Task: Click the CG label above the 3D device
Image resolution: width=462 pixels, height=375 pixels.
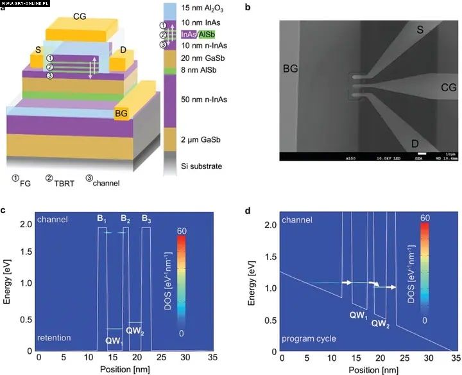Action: click(x=81, y=15)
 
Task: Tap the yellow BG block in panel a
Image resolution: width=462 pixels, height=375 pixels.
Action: click(x=122, y=114)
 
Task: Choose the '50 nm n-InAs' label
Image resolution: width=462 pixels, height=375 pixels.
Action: click(x=203, y=100)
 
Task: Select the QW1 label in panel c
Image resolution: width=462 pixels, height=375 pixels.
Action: click(x=114, y=341)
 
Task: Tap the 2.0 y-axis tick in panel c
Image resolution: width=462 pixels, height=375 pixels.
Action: click(x=26, y=223)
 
